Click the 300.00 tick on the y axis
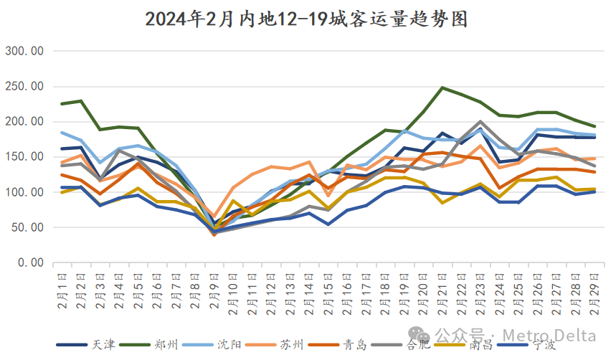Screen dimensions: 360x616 (25, 51)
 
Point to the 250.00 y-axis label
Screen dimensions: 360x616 (25, 86)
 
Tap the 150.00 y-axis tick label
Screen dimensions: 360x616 (25, 157)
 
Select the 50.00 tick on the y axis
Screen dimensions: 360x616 (27, 227)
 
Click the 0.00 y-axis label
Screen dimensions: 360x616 (30, 262)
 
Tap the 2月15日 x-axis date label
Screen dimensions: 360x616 (328, 291)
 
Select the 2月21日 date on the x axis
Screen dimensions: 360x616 (442, 291)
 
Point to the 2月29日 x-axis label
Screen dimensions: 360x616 (594, 291)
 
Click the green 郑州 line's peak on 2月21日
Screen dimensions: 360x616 (442, 88)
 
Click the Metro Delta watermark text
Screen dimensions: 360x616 (549, 334)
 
